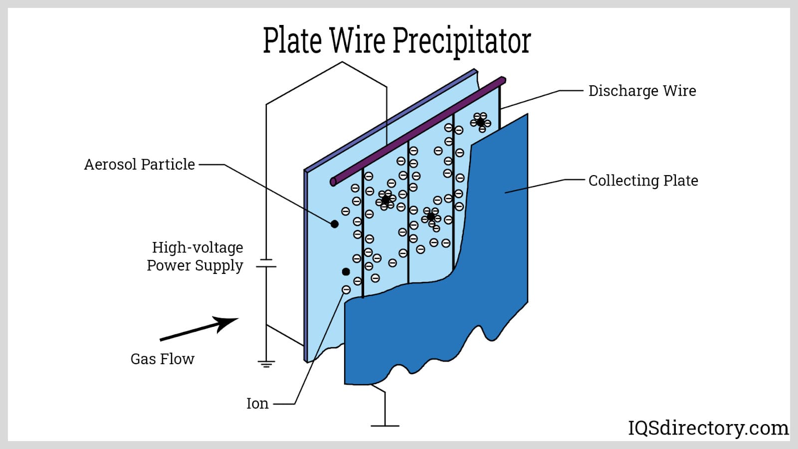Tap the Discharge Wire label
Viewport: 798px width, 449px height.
coord(642,91)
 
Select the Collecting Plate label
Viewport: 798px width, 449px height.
coord(643,181)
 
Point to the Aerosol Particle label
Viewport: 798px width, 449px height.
coord(139,164)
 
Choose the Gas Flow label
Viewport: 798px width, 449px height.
coord(162,359)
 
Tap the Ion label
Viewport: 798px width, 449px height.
coord(257,403)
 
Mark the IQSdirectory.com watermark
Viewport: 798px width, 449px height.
coord(708,428)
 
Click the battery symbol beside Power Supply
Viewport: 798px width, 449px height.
coord(266,263)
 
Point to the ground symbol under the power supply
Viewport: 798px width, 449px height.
coord(266,363)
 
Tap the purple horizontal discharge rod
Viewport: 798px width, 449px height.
coord(419,131)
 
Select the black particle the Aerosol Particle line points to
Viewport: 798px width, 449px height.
coord(335,224)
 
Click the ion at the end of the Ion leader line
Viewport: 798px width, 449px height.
coord(346,290)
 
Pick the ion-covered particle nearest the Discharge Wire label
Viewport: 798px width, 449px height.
coord(480,122)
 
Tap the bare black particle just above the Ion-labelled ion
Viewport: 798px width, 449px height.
coord(346,271)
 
